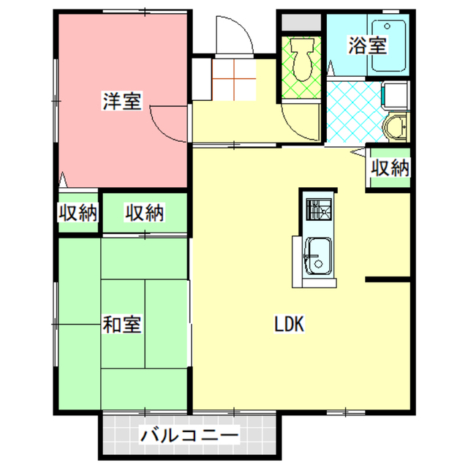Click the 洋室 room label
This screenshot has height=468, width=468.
[x=121, y=102]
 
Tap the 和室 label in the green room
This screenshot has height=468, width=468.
[x=121, y=322]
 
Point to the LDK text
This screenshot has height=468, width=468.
[x=289, y=324]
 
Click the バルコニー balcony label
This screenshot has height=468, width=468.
[x=189, y=437]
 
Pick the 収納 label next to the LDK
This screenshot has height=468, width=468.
[x=388, y=168]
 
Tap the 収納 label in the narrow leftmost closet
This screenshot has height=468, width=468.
[x=78, y=214]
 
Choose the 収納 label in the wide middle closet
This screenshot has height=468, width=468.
[x=144, y=214]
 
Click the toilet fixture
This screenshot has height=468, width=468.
[x=301, y=58]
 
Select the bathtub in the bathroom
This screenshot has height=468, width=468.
[x=388, y=45]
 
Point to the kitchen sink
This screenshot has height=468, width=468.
[x=317, y=256]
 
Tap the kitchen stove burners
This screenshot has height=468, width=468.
[x=318, y=210]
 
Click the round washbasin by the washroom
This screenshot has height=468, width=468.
[x=396, y=127]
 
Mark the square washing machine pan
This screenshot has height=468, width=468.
[x=395, y=96]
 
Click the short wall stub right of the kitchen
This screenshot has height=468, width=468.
[x=388, y=279]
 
